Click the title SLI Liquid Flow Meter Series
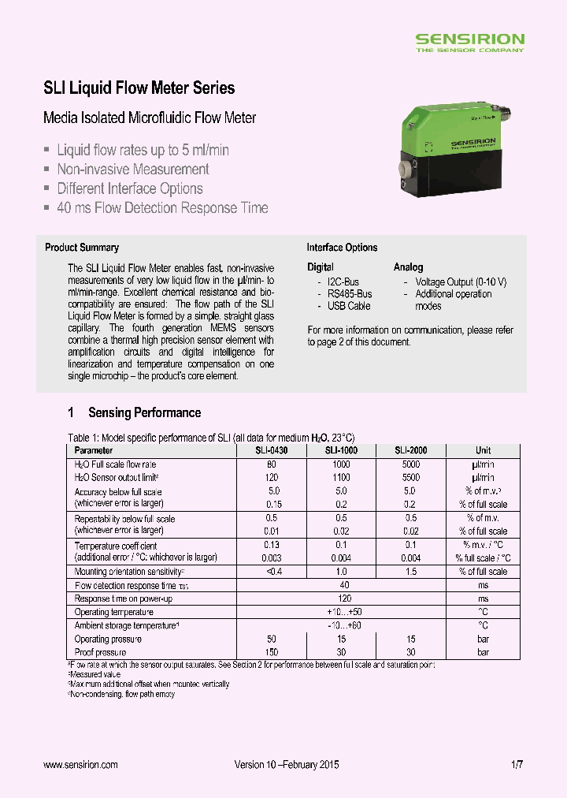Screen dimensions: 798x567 click(139, 88)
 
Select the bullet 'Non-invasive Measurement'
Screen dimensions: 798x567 click(132, 170)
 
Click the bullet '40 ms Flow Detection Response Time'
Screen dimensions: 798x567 click(162, 208)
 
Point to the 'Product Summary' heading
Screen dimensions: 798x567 click(82, 248)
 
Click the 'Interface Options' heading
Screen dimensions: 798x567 click(342, 248)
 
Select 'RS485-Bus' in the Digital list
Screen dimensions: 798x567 click(350, 294)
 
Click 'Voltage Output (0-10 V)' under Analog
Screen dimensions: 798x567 click(461, 282)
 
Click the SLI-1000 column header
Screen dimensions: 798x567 click(341, 450)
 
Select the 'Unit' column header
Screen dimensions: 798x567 click(483, 450)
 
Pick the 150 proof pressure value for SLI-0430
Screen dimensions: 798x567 click(271, 652)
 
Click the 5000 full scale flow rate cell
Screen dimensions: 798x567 click(411, 464)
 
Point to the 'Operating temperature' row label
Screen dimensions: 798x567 click(113, 612)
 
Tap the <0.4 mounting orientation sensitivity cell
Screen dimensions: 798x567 click(271, 572)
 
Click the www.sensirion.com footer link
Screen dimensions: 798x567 click(80, 765)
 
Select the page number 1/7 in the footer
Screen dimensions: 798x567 click(517, 765)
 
